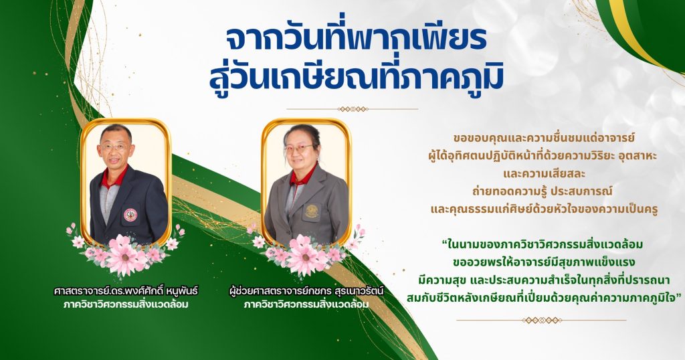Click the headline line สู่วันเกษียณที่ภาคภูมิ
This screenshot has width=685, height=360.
(x=357, y=76)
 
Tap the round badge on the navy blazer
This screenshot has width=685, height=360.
(x=130, y=215)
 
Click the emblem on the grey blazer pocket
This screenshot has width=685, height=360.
(x=312, y=211)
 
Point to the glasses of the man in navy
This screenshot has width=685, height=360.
(x=114, y=147)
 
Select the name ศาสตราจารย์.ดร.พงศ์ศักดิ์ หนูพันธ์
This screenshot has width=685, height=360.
(x=126, y=291)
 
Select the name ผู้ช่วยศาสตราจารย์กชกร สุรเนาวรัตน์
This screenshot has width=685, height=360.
(x=306, y=291)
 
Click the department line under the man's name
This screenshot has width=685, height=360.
(x=126, y=304)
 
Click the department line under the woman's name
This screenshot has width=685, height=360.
(x=306, y=304)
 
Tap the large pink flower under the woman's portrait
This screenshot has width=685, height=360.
(x=304, y=256)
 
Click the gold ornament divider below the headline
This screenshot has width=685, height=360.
(x=353, y=109)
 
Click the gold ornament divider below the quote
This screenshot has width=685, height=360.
(x=541, y=321)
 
